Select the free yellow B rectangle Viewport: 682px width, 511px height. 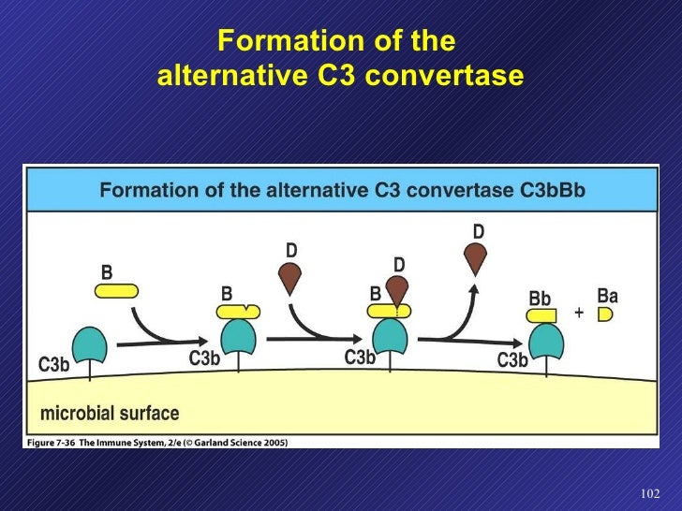click(x=117, y=291)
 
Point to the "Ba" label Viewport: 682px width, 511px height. click(x=608, y=296)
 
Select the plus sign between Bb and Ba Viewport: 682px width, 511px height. click(x=579, y=314)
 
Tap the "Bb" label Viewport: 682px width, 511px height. click(x=540, y=299)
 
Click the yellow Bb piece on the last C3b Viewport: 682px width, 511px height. click(x=541, y=316)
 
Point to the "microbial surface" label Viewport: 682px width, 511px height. click(x=109, y=413)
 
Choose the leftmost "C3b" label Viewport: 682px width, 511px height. click(x=53, y=365)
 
